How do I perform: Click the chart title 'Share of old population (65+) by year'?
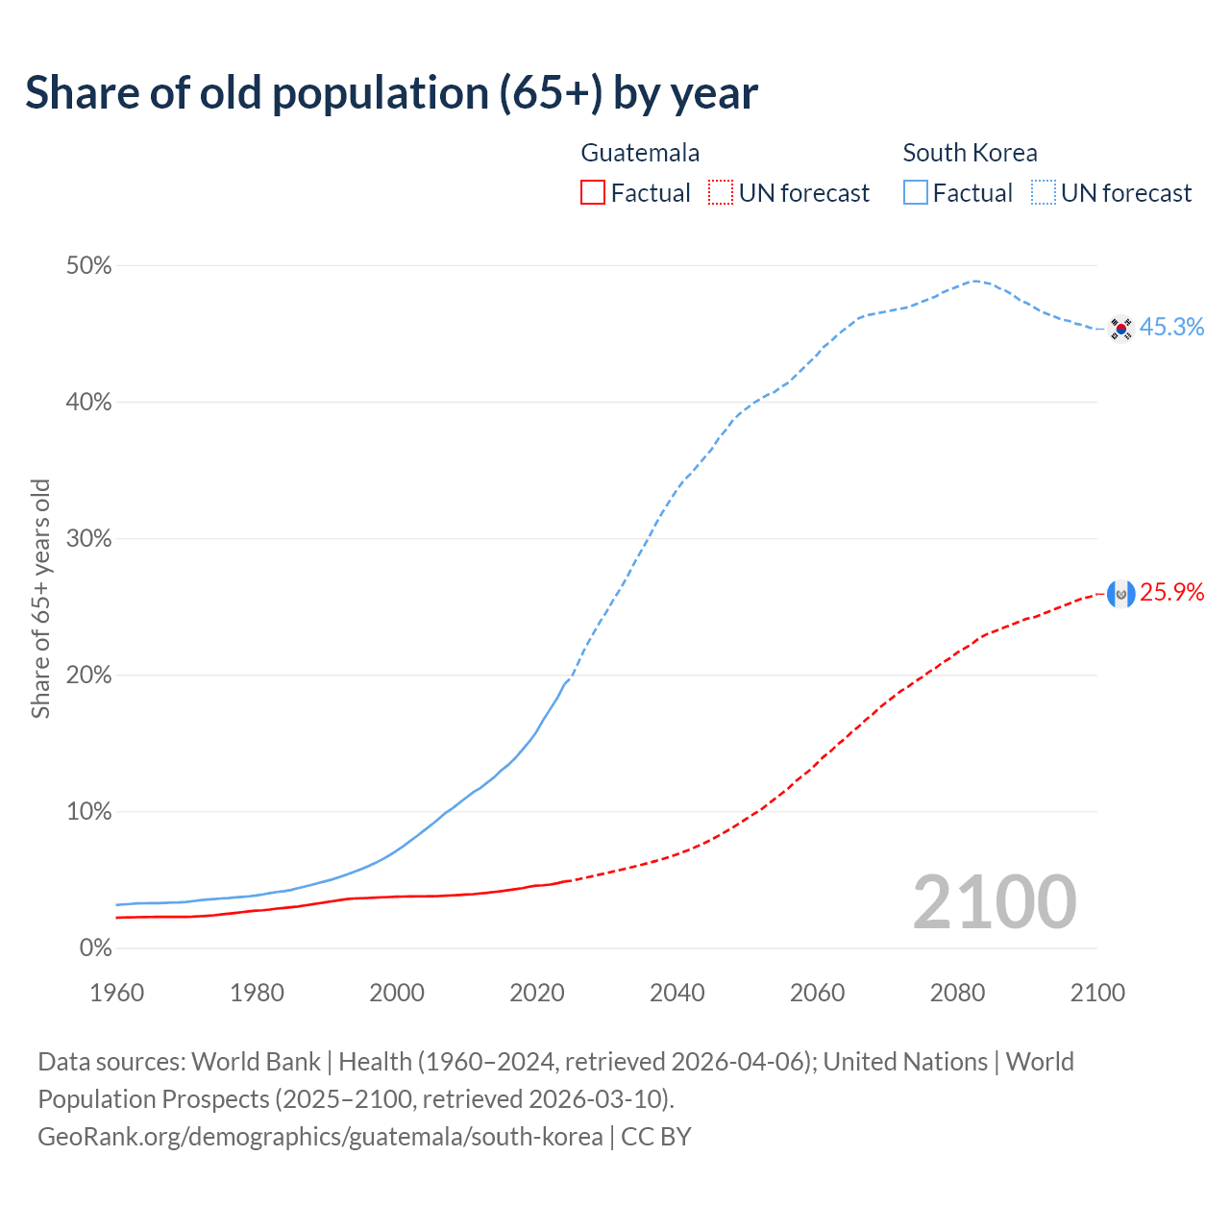coord(391,93)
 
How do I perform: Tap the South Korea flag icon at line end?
coord(1120,329)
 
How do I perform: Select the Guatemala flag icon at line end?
coord(1120,594)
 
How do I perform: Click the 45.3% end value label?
coord(1171,328)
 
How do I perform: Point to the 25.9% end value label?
coord(1171,593)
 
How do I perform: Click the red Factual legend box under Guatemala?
coord(593,193)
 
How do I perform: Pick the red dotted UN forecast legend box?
coord(721,193)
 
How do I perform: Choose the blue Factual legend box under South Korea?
coord(915,193)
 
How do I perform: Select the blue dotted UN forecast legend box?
coord(1043,193)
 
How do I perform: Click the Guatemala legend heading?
coord(640,153)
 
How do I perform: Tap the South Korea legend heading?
coord(970,153)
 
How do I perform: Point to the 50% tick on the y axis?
coord(88,266)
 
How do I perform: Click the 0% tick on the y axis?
coord(95,948)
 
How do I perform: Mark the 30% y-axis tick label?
coord(88,539)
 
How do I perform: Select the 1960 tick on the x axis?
coord(116,993)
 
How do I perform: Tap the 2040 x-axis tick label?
coord(676,993)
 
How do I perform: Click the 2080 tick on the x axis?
coord(957,993)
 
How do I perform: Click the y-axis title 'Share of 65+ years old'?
coord(40,599)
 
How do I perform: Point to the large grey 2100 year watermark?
coord(994,902)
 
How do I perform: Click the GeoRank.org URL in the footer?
coord(320,1137)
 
